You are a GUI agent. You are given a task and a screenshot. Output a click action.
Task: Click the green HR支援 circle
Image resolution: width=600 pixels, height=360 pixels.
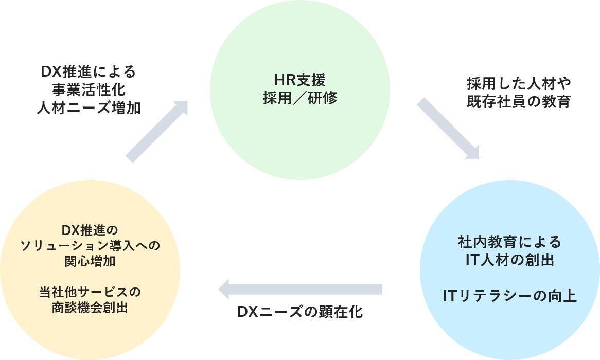pos(300,129)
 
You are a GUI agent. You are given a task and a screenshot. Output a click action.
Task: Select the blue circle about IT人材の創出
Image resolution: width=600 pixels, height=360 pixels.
pos(509,319)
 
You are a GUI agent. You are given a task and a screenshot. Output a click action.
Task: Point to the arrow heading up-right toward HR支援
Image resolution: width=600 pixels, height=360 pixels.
pos(157,131)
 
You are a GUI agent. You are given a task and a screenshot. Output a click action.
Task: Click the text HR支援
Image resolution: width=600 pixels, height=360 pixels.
pos(300,81)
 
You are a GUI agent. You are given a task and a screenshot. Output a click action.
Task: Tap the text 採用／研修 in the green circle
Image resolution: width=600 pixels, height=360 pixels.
pos(300,98)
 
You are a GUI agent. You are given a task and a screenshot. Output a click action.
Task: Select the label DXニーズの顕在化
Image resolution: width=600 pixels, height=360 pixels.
pos(300,312)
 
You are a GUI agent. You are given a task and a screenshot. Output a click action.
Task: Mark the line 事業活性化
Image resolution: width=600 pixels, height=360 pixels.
pos(89,90)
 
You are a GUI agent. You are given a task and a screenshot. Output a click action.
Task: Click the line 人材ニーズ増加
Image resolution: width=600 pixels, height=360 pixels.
pos(89,108)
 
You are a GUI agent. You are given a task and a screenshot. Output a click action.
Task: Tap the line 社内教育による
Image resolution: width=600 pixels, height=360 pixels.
pos(509,242)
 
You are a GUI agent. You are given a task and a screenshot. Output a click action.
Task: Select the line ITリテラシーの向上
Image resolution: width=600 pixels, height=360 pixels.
pos(509,296)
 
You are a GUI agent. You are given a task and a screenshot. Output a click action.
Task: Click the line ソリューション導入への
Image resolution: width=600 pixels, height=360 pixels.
pos(90,245)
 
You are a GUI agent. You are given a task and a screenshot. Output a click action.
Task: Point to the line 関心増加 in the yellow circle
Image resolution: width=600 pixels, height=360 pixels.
pos(90,261)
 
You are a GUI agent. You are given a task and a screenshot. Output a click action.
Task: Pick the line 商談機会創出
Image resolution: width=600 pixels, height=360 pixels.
pos(90,308)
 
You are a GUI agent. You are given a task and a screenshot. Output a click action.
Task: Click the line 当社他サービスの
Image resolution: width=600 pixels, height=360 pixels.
pos(90,292)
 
